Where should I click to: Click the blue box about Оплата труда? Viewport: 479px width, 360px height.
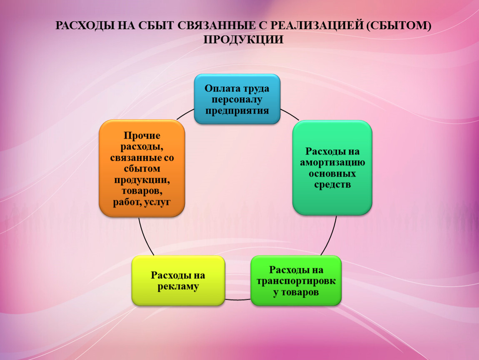pyautogui.click(x=237, y=99)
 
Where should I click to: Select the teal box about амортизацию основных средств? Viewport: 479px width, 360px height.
pyautogui.click(x=332, y=167)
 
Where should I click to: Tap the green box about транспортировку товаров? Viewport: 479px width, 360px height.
pyautogui.click(x=296, y=280)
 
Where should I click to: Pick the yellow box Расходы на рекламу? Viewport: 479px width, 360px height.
pyautogui.click(x=178, y=280)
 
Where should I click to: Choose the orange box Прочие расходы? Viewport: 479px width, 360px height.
pyautogui.click(x=142, y=168)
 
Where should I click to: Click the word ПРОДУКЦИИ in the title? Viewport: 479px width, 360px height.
pyautogui.click(x=244, y=40)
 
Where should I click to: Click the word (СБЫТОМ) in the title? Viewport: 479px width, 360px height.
pyautogui.click(x=399, y=25)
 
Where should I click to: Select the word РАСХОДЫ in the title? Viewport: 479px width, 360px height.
pyautogui.click(x=85, y=25)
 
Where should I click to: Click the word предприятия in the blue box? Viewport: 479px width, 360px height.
pyautogui.click(x=237, y=111)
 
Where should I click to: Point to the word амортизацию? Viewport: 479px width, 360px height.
pyautogui.click(x=332, y=162)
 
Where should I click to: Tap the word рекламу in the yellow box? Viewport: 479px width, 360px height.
pyautogui.click(x=178, y=287)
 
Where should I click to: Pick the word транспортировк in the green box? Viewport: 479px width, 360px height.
pyautogui.click(x=296, y=281)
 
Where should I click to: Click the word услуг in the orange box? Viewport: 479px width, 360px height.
pyautogui.click(x=157, y=202)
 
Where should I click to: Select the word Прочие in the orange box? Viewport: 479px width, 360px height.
pyautogui.click(x=142, y=135)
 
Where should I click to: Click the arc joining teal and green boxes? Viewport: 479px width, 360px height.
pyautogui.click(x=330, y=236)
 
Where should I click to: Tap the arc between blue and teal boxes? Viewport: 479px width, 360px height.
pyautogui.click(x=290, y=114)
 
